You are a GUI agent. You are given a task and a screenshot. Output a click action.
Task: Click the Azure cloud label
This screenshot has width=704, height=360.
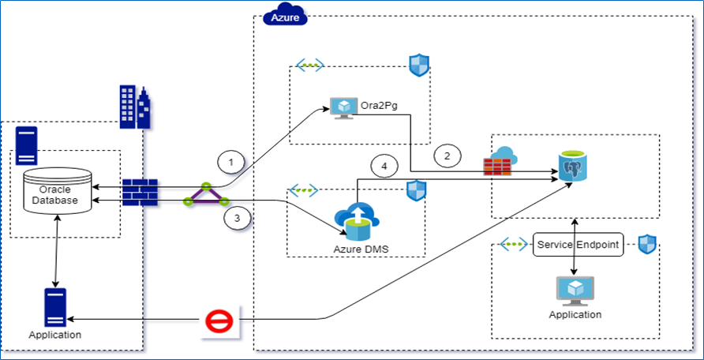point(284,16)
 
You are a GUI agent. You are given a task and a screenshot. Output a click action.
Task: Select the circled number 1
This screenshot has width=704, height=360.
point(230,163)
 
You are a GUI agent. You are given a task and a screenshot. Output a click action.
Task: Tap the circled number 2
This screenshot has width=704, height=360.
point(447,156)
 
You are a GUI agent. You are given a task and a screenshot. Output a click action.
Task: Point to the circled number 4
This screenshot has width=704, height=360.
point(384,167)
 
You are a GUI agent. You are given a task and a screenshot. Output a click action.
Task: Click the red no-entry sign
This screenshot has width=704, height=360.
point(217,322)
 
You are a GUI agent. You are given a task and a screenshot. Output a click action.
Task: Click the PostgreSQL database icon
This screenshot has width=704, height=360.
point(571,167)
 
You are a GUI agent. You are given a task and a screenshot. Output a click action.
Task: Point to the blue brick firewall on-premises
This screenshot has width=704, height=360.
point(140,193)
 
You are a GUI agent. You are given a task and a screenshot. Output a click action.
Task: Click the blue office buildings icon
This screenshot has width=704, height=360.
point(134,106)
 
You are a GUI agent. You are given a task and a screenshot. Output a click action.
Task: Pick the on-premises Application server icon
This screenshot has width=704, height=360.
point(55,308)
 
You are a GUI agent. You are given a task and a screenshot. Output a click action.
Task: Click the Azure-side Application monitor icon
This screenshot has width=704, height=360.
point(575,291)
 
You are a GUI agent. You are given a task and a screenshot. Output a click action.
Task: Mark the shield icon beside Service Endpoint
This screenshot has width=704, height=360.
point(648,244)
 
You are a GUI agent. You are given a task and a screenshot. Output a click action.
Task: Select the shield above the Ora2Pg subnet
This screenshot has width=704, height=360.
point(418,66)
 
